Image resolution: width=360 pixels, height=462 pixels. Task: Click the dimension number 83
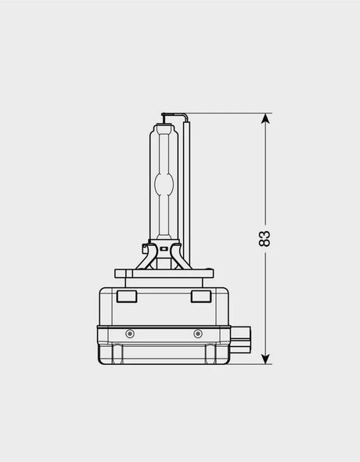pyautogui.click(x=265, y=239)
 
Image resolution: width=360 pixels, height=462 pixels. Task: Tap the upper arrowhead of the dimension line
pyautogui.click(x=265, y=119)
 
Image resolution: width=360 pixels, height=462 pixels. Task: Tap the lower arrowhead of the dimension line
pyautogui.click(x=265, y=359)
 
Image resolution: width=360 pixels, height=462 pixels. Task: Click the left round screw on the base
pyautogui.click(x=130, y=334)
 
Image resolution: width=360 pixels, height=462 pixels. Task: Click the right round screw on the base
pyautogui.click(x=198, y=334)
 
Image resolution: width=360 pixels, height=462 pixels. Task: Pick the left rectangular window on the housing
pyautogui.click(x=127, y=297)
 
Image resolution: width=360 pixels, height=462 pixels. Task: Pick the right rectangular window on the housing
pyautogui.click(x=201, y=297)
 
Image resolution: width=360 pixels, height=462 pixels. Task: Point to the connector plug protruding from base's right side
pyautogui.click(x=240, y=340)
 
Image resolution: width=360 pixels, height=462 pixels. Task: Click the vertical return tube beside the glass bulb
pyautogui.click(x=186, y=192)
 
